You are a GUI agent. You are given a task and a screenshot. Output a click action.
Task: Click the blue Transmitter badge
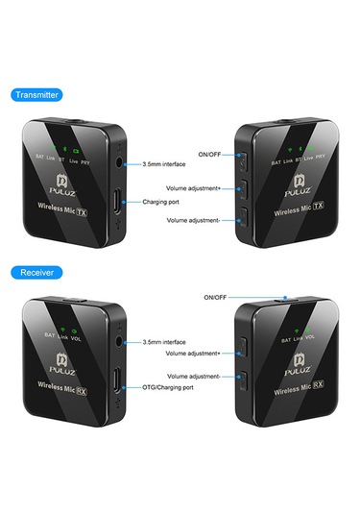[x=36, y=94]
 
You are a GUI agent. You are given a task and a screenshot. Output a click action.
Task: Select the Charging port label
[x=161, y=203]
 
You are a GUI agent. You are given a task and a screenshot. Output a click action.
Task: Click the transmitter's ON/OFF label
[x=209, y=154]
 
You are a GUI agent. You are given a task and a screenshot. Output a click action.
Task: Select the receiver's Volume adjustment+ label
[x=193, y=353]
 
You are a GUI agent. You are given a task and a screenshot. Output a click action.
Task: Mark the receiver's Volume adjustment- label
[x=193, y=376]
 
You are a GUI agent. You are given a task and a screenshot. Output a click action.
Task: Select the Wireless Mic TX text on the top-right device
[x=297, y=210]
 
